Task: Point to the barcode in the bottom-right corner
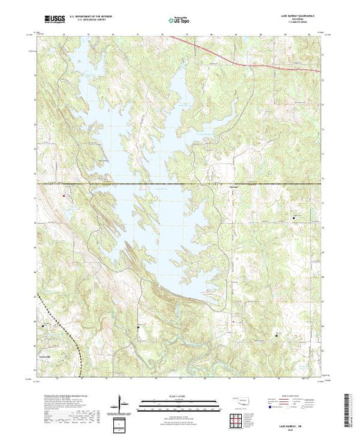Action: click(350, 407)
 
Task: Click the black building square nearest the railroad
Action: click(46, 325)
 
